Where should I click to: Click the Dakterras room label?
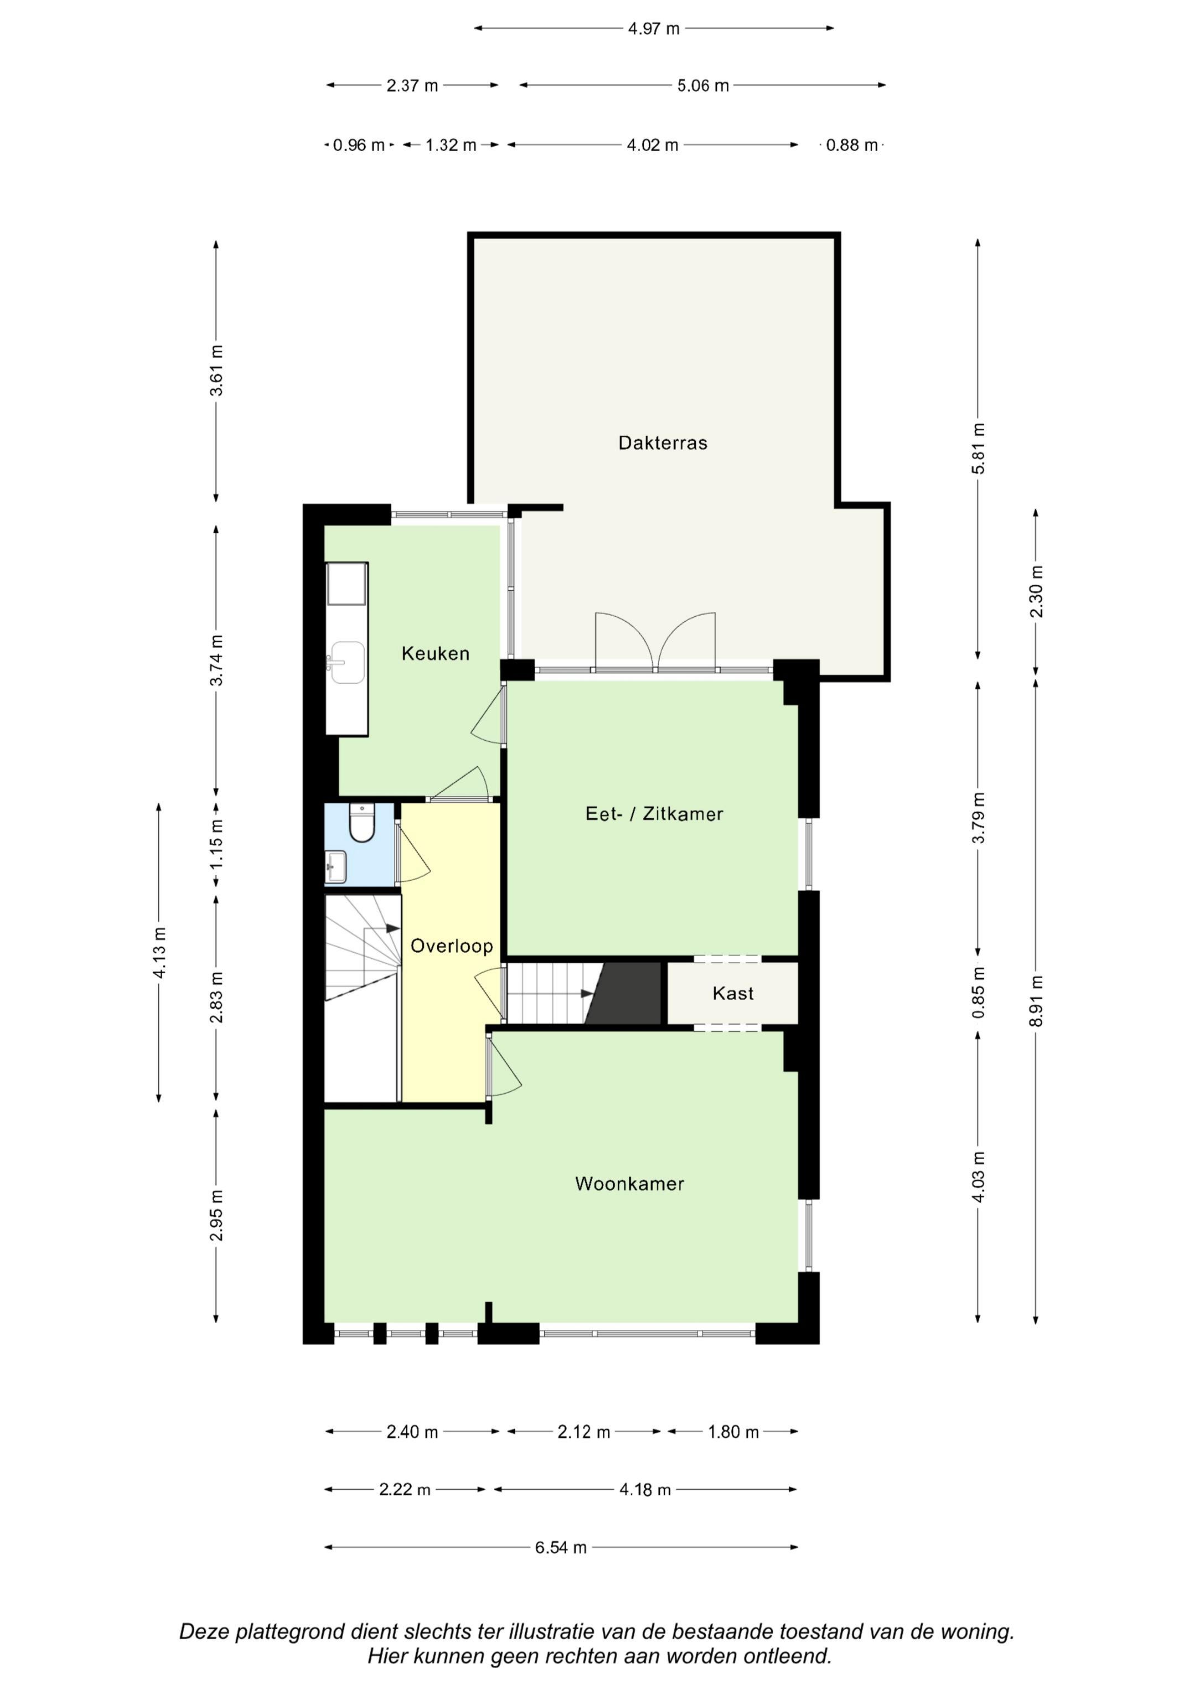(x=663, y=443)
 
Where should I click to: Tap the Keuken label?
(x=435, y=654)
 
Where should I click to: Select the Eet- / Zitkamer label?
(x=654, y=814)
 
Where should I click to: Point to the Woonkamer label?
(x=630, y=1184)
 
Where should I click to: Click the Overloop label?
(x=451, y=946)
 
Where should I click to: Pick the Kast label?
(x=732, y=994)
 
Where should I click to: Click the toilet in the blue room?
(x=361, y=823)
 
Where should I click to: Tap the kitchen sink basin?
(x=347, y=663)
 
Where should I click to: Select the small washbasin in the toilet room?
(x=336, y=866)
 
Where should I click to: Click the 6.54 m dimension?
(x=561, y=1548)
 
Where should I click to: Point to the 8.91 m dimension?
(x=1036, y=1001)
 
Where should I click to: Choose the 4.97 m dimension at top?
(x=654, y=29)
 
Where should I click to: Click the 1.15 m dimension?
(x=216, y=844)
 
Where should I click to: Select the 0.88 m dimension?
(x=852, y=145)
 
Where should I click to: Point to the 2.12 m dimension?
(x=584, y=1432)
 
